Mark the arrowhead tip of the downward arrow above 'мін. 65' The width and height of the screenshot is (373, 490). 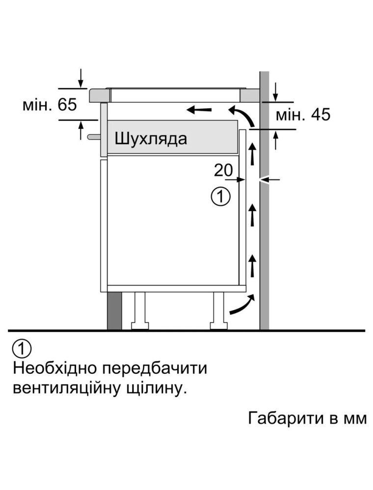click(80, 88)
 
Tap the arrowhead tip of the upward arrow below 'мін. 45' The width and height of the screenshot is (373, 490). click(276, 131)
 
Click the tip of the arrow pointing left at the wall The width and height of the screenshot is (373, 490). click(261, 179)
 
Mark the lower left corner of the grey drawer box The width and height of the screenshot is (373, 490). click(107, 154)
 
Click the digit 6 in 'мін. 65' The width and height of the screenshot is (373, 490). click(62, 105)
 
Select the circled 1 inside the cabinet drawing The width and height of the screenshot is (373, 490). click(220, 197)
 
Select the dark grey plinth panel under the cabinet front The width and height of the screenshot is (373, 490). click(114, 311)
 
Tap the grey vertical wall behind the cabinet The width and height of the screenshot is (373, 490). click(265, 200)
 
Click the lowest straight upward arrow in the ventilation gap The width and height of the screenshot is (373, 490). click(253, 265)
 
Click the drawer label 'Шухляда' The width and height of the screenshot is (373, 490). click(151, 138)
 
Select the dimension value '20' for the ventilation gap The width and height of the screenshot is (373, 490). click(223, 170)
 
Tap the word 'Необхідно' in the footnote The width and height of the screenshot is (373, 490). click(55, 369)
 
